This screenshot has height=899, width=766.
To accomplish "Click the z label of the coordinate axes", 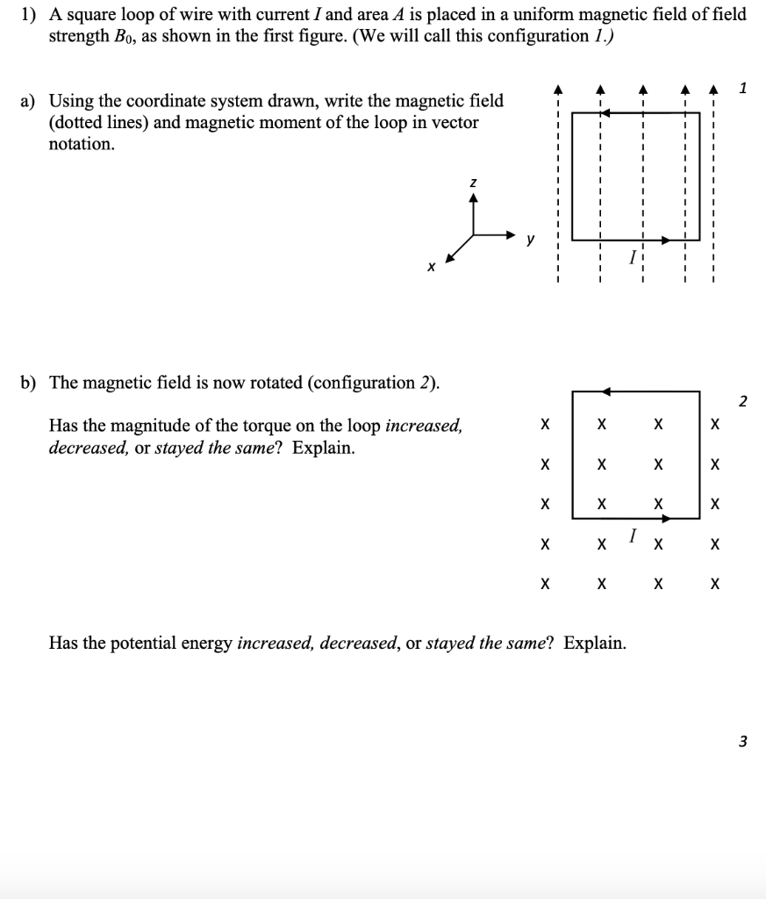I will [474, 182].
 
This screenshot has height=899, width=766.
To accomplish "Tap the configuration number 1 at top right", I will [743, 87].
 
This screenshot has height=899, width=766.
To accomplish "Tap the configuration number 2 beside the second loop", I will [742, 401].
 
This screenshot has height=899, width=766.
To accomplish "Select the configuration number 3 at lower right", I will [742, 741].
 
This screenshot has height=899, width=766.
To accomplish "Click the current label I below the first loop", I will [631, 257].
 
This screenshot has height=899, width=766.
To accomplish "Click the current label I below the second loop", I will [632, 534].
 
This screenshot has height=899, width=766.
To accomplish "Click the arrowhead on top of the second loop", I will [606, 392].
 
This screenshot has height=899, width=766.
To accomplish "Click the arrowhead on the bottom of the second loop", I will [665, 519].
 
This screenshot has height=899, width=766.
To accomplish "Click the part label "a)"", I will [29, 102].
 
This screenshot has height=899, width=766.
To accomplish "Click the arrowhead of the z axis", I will [474, 198].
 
